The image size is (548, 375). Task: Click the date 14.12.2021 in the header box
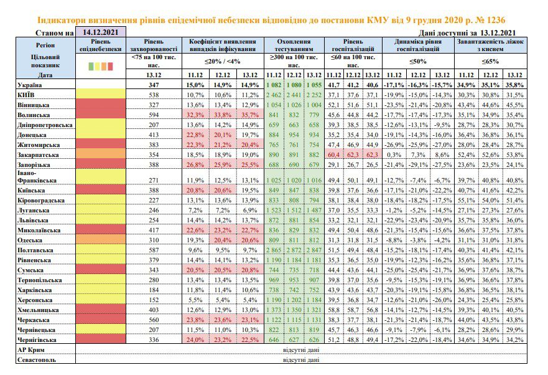100,32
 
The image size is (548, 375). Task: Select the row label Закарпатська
38,154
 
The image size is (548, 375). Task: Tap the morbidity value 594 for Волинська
154,115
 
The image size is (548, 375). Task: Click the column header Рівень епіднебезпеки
100,45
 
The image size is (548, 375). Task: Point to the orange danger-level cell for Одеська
101,239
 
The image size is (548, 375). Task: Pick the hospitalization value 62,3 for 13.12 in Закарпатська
372,154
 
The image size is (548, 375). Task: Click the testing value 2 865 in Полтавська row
274,250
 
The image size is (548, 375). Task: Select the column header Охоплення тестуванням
294,45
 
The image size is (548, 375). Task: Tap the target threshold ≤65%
490,61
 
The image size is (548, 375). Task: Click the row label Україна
30,85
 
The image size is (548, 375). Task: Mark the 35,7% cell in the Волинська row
250,115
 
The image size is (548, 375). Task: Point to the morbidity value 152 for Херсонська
154,300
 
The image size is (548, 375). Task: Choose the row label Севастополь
36,359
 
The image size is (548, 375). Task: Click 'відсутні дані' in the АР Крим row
301,350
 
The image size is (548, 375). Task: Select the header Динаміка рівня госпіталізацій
418,45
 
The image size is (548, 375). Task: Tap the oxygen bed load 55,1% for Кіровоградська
467,201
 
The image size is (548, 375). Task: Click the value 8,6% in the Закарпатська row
442,154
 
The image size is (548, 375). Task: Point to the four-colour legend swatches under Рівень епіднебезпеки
101,66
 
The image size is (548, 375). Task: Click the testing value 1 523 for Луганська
274,210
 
